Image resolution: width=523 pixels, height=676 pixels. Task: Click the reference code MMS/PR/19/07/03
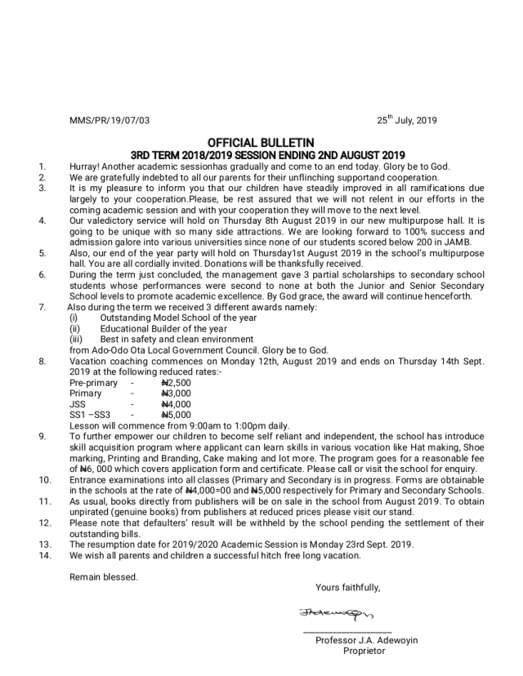click(110, 121)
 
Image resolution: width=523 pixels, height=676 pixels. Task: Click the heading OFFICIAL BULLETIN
click(261, 143)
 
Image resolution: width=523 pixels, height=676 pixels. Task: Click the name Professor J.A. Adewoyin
click(366, 641)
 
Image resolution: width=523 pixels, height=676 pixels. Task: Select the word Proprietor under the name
click(364, 652)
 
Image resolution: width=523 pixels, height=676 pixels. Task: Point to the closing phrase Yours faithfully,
click(348, 587)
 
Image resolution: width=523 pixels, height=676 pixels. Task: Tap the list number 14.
click(45, 555)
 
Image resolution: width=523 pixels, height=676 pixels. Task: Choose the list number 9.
click(42, 437)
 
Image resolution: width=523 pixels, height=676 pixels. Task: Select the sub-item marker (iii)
click(76, 339)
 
